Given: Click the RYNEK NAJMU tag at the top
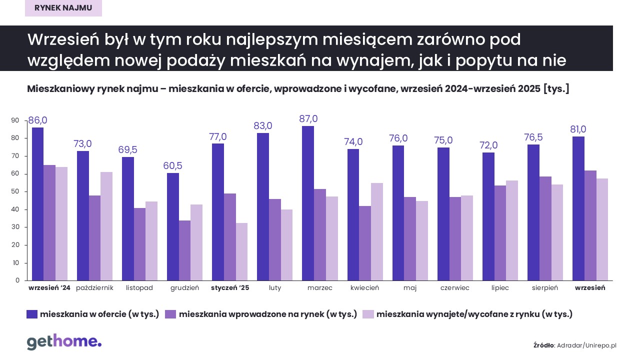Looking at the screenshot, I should pyautogui.click(x=63, y=8).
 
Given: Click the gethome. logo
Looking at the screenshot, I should pyautogui.click(x=64, y=342).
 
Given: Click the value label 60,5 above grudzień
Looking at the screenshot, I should pyautogui.click(x=172, y=165).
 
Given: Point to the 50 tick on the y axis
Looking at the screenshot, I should pyautogui.click(x=15, y=191).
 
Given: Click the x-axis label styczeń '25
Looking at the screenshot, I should pyautogui.click(x=230, y=288).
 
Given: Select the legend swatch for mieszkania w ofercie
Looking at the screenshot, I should pyautogui.click(x=32, y=314).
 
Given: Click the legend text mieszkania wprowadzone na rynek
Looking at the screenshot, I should pyautogui.click(x=267, y=314).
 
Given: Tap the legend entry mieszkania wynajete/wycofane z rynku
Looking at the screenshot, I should pyautogui.click(x=474, y=314).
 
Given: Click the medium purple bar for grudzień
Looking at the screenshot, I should pyautogui.click(x=184, y=250).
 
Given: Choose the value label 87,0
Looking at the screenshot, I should pyautogui.click(x=308, y=119).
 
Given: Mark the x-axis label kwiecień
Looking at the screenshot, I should pyautogui.click(x=364, y=288).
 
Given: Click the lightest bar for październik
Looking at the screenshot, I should pyautogui.click(x=106, y=226).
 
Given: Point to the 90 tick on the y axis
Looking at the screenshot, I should pyautogui.click(x=15, y=120).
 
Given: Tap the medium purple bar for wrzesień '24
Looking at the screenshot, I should pyautogui.click(x=49, y=222).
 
